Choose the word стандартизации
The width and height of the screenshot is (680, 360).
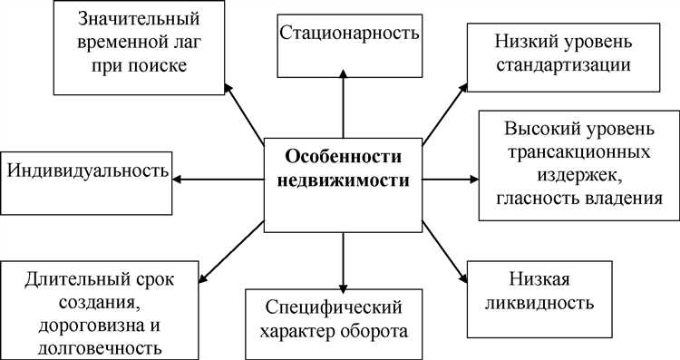(563, 65)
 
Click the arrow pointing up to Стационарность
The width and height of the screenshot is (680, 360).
(343, 104)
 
